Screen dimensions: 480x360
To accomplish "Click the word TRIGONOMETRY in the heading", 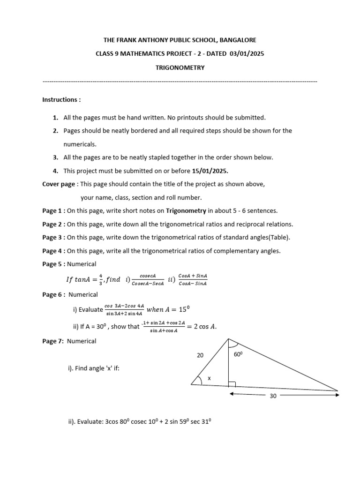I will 180,67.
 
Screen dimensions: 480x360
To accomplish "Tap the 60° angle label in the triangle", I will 238,355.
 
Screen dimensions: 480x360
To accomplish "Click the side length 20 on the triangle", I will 200,356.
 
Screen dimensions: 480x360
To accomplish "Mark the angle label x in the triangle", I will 209,378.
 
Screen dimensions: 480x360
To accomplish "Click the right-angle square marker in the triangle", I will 232,385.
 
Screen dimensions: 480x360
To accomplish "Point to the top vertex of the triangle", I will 228,339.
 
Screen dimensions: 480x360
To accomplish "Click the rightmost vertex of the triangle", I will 337,390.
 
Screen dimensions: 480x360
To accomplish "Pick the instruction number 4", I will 55,171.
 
